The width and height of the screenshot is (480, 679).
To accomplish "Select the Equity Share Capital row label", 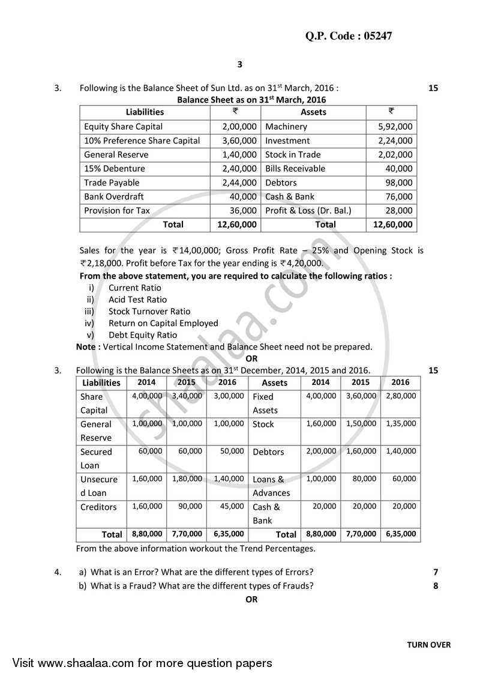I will pyautogui.click(x=123, y=127).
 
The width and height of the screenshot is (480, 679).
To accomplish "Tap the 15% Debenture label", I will pyautogui.click(x=114, y=169).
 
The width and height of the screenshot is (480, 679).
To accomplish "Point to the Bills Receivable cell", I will pyautogui.click(x=295, y=169).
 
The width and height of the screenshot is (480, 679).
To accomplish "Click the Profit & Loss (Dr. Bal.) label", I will pyautogui.click(x=308, y=211).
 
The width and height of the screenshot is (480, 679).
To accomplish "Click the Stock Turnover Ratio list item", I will pyautogui.click(x=149, y=311).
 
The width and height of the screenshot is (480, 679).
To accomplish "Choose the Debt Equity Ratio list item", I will pyautogui.click(x=143, y=335).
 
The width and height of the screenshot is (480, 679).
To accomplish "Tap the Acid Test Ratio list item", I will pyautogui.click(x=137, y=300).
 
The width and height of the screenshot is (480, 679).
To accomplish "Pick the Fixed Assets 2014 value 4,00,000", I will pyautogui.click(x=321, y=396).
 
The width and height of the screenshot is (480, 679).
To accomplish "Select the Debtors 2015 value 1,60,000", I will pyautogui.click(x=361, y=451).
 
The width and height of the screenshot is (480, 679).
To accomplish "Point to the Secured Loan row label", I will pyautogui.click(x=96, y=458).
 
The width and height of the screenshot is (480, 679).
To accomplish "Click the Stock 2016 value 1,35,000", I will pyautogui.click(x=401, y=424).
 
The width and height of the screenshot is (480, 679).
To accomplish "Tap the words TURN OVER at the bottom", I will pyautogui.click(x=428, y=645).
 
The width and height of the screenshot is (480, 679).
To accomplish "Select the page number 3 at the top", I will pyautogui.click(x=239, y=64).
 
